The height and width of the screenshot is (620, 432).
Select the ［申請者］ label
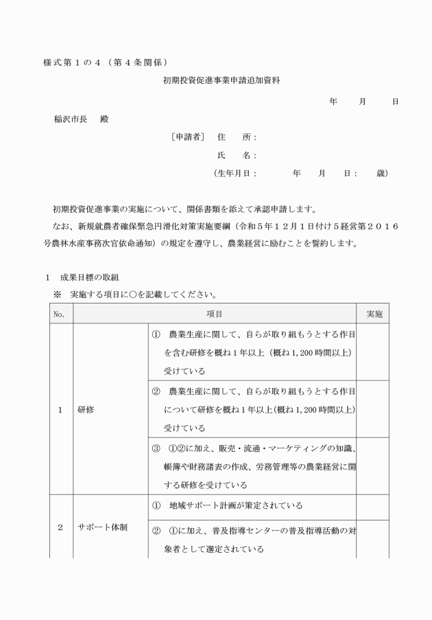click(188, 137)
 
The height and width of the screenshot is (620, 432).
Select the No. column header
click(59, 313)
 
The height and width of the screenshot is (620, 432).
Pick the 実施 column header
click(374, 313)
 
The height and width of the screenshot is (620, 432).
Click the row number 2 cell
click(59, 527)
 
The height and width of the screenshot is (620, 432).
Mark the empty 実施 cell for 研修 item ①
click(374, 352)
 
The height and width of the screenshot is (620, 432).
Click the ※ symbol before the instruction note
click(59, 295)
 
